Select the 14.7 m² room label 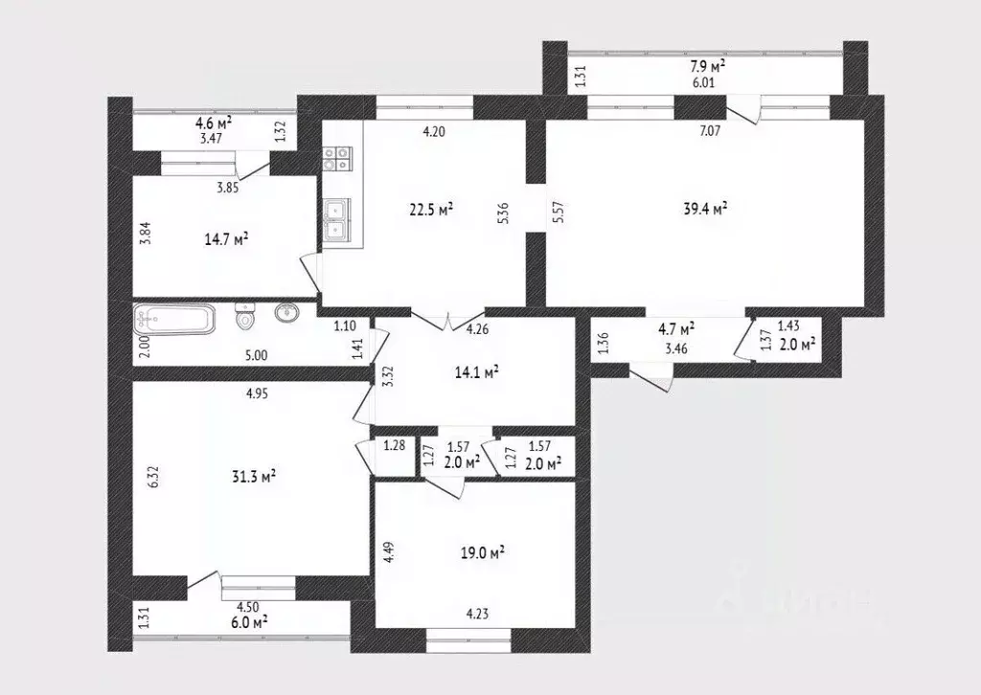pyautogui.click(x=228, y=238)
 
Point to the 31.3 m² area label pyautogui.click(x=255, y=476)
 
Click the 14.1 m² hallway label pyautogui.click(x=476, y=372)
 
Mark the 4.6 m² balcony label pyautogui.click(x=213, y=123)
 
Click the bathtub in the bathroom pyautogui.click(x=175, y=318)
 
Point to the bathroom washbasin pyautogui.click(x=285, y=313)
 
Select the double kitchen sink pyautogui.click(x=337, y=220)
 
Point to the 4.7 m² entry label pyautogui.click(x=675, y=328)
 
